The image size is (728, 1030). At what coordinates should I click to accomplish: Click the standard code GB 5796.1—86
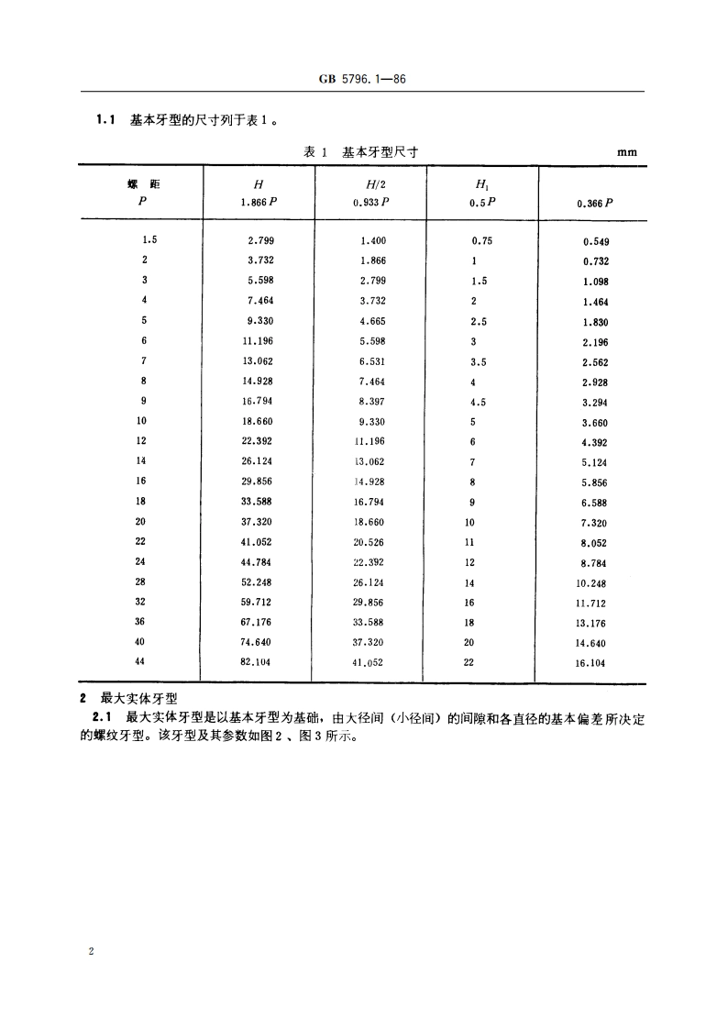(363, 80)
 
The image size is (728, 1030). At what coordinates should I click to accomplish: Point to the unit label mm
(626, 153)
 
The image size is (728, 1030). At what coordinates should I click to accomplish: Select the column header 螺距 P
(143, 193)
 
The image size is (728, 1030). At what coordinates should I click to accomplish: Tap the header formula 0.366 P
(594, 204)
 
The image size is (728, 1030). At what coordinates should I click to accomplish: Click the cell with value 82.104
(257, 660)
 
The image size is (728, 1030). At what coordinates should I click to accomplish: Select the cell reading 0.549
(595, 242)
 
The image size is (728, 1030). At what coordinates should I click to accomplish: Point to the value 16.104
(591, 662)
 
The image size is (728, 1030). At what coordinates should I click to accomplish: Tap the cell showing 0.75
(482, 240)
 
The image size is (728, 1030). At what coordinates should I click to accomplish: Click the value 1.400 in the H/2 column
(373, 240)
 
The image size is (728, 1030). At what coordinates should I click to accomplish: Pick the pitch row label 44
(140, 660)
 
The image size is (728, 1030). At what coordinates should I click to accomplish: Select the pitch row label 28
(140, 581)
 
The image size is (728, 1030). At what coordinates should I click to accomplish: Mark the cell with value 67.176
(257, 622)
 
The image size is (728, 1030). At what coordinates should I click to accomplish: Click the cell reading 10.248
(591, 583)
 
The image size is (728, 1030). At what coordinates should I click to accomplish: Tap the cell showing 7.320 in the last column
(594, 523)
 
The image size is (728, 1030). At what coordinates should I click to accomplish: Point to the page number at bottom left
(91, 952)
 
